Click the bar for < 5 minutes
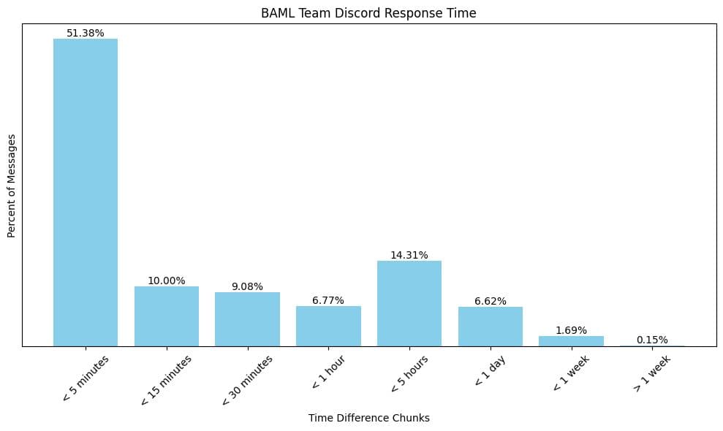tap(86, 192)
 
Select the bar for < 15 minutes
tap(166, 316)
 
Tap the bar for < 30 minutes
tap(247, 319)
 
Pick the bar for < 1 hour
tap(328, 326)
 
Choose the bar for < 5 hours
tap(409, 303)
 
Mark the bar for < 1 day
tap(491, 326)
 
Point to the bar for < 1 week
tap(571, 341)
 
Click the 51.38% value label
tap(86, 33)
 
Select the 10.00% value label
tap(166, 281)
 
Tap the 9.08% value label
tap(247, 286)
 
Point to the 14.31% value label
tap(409, 256)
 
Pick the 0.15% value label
tap(652, 340)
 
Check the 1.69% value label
tap(571, 330)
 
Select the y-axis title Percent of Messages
tap(12, 186)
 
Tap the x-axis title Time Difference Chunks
tap(368, 418)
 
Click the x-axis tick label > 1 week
tap(651, 375)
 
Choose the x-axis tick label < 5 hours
tap(409, 374)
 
